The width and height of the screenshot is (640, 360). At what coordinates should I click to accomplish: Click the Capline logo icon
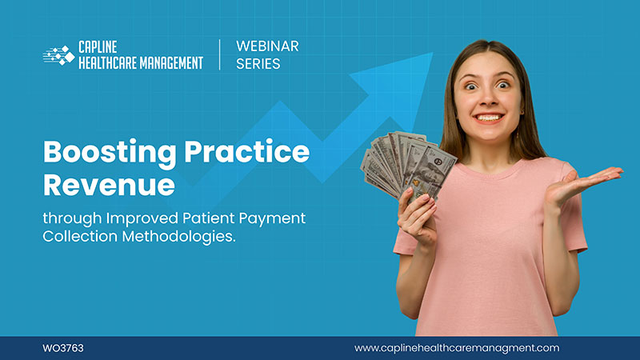pyautogui.click(x=58, y=55)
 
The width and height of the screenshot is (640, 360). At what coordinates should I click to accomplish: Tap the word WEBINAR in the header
pyautogui.click(x=267, y=46)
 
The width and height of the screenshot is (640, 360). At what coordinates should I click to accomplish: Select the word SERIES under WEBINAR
pyautogui.click(x=258, y=64)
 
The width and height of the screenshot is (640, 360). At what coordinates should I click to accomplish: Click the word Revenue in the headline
pyautogui.click(x=109, y=183)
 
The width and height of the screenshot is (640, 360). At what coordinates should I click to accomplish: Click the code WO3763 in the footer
pyautogui.click(x=63, y=348)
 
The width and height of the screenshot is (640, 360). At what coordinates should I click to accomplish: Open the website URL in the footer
pyautogui.click(x=457, y=348)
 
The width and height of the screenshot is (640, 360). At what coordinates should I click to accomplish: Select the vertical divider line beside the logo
pyautogui.click(x=219, y=55)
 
